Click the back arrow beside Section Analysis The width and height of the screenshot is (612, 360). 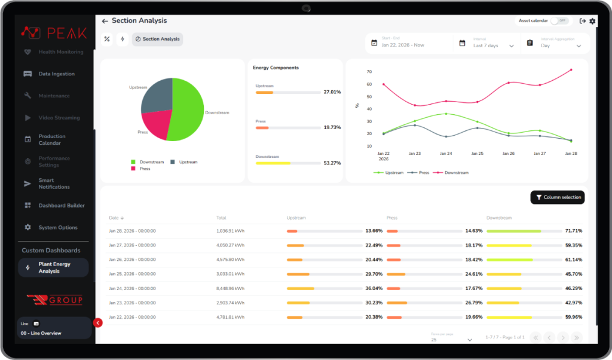(105, 21)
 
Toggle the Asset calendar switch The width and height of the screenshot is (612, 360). (559, 20)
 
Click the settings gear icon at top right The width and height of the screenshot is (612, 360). (592, 21)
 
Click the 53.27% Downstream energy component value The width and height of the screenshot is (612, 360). (332, 163)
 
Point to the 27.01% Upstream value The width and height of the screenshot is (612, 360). (332, 92)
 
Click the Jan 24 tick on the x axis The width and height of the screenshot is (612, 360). (446, 154)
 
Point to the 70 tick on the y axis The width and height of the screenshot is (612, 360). (369, 72)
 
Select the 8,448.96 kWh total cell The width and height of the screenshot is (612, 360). (230, 288)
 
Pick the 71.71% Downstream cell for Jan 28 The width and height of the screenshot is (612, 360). (573, 231)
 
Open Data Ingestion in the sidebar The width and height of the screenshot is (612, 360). (56, 74)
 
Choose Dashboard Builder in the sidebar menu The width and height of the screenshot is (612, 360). (62, 206)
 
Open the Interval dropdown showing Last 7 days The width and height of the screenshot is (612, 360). (493, 45)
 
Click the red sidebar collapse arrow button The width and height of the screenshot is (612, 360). (99, 323)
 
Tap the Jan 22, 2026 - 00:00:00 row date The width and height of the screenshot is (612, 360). (132, 317)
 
